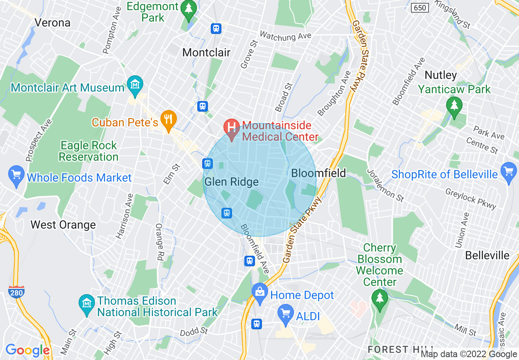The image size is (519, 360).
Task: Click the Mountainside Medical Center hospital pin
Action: [232, 126]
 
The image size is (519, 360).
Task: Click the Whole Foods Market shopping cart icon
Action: [16, 175]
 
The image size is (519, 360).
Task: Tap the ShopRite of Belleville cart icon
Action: [509, 171]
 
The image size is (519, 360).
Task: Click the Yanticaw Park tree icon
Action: [454, 105]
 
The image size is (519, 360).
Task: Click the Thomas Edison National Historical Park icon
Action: [87, 304]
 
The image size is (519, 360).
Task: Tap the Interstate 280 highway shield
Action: [16, 292]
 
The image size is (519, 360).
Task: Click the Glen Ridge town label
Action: [232, 182]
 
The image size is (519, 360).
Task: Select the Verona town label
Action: [52, 22]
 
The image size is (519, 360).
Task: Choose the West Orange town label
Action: [63, 225]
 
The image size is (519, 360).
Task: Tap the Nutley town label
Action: [440, 75]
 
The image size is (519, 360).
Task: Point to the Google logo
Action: [27, 350]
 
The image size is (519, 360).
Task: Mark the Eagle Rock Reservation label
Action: [88, 151]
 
